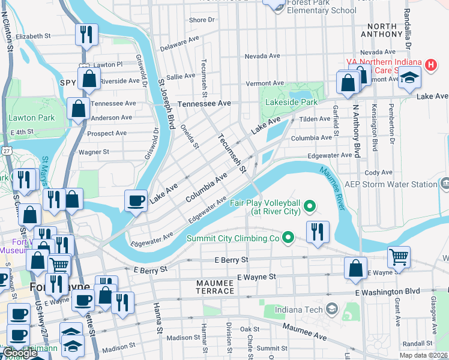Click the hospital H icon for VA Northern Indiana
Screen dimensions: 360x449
(x=430, y=65)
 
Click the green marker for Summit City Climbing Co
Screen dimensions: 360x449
(x=288, y=238)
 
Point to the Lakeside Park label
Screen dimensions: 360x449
(x=292, y=103)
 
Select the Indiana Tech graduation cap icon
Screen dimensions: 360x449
(x=331, y=310)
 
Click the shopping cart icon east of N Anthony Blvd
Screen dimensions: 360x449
(x=399, y=257)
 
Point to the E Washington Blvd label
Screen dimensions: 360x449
(x=387, y=292)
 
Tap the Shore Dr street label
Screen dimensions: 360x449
(x=202, y=20)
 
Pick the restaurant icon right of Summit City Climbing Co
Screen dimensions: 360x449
(x=318, y=232)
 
